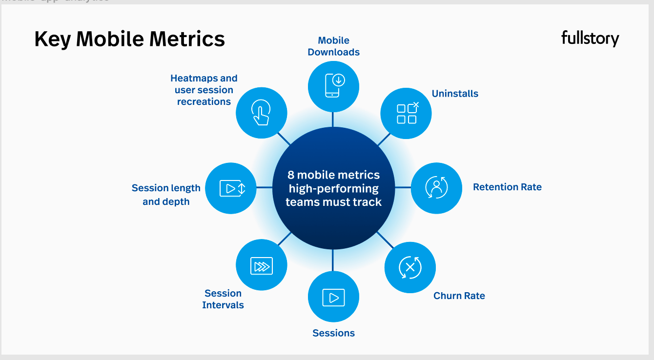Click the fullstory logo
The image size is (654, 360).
[x=590, y=39]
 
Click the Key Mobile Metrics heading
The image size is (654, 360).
[x=129, y=39]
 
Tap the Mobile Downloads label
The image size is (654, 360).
[x=333, y=46]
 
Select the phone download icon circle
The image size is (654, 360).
[x=333, y=86]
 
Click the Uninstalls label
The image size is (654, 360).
[x=455, y=94]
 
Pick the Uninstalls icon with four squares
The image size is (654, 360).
[x=406, y=113]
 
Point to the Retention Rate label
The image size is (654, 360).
[x=507, y=187]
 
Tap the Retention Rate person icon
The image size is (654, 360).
[x=436, y=188]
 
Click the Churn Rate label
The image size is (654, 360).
[x=459, y=296]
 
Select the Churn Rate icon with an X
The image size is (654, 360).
[x=410, y=267]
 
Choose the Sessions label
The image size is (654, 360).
[x=333, y=333]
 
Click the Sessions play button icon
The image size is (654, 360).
[x=333, y=297]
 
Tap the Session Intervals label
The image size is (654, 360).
[x=223, y=299]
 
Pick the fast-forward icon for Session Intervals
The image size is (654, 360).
[x=261, y=266]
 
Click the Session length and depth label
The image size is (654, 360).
[x=166, y=195]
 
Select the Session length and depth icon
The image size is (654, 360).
[x=231, y=188]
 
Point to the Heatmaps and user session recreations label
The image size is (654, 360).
[x=204, y=90]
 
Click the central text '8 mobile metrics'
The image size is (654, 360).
[x=333, y=175]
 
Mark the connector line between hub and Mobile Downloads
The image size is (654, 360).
[x=333, y=119]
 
